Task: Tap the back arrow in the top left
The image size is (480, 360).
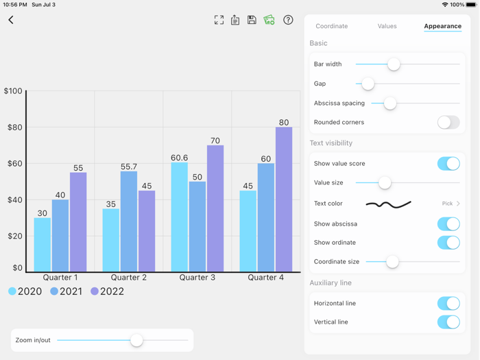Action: click(x=11, y=20)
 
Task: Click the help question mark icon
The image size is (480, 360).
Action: click(x=288, y=20)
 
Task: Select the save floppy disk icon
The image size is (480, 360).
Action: click(x=252, y=20)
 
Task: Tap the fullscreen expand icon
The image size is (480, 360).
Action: click(x=219, y=20)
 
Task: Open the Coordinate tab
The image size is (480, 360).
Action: click(x=331, y=26)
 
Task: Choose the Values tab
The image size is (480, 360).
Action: click(x=387, y=26)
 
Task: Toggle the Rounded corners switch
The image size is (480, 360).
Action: click(x=448, y=122)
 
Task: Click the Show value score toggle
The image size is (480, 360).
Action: click(x=448, y=163)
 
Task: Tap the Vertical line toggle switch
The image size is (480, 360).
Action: click(x=448, y=322)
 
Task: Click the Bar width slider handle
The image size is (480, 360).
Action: click(x=394, y=64)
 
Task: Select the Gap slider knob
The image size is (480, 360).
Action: click(x=368, y=84)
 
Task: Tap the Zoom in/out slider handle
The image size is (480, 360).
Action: click(x=136, y=340)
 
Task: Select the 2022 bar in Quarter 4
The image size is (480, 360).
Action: click(x=284, y=199)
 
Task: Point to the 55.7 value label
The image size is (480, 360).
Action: click(x=129, y=167)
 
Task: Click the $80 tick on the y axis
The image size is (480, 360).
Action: click(x=15, y=128)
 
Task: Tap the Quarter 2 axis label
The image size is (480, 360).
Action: click(x=129, y=278)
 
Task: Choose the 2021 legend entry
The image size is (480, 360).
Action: click(x=66, y=291)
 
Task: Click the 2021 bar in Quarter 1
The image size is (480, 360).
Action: click(x=60, y=235)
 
